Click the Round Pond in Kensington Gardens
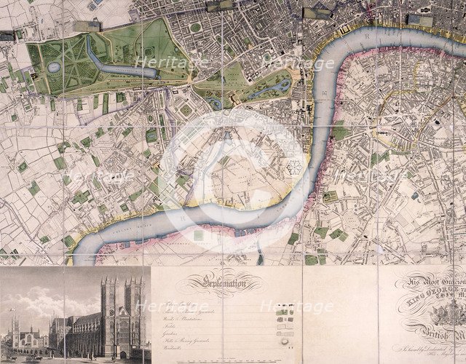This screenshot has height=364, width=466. pos(55,67)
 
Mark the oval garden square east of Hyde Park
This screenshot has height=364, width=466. pos(195,28)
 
